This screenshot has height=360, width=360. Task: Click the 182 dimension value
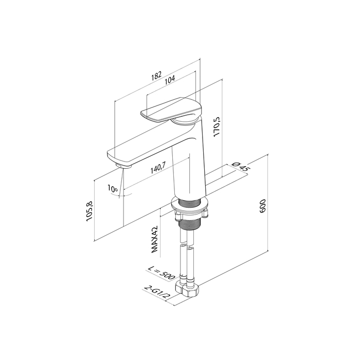[156, 76]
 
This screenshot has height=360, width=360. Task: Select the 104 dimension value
[170, 79]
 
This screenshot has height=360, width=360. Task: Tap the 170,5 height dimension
[217, 127]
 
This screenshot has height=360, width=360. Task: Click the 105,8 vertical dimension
[89, 211]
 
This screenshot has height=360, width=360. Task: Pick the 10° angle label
[113, 189]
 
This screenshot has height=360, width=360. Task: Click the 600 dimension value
[262, 206]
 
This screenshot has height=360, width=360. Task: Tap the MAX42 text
[154, 239]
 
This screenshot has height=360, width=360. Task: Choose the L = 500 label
[161, 272]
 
